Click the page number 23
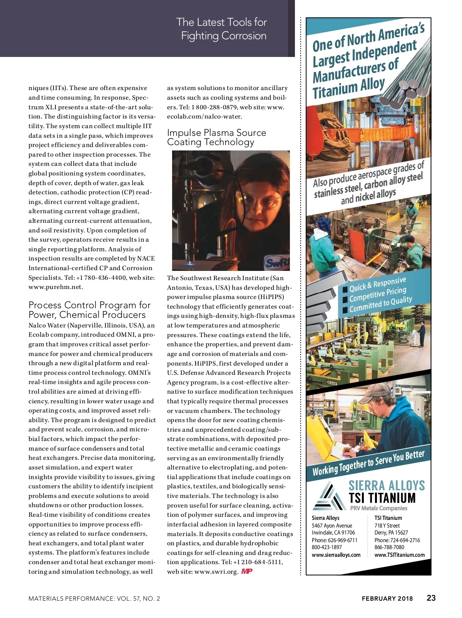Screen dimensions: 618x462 click(431, 598)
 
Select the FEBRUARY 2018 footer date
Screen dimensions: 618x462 click(387, 598)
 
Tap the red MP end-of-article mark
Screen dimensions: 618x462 click(247, 571)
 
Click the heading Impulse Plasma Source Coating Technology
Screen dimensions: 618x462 click(216, 137)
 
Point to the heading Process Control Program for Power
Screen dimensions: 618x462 click(89, 310)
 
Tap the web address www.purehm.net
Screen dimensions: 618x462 click(55, 287)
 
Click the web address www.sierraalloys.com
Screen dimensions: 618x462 click(336, 555)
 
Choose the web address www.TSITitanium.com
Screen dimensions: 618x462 click(399, 555)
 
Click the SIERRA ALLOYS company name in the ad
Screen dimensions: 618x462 click(387, 485)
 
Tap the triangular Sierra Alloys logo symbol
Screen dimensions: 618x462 click(328, 496)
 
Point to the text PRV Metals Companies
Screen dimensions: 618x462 click(378, 508)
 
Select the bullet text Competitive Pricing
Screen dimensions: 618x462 click(377, 294)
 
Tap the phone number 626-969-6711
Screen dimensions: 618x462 click(342, 540)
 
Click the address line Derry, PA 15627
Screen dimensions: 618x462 click(391, 533)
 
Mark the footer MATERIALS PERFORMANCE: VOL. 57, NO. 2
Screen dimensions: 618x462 click(94, 598)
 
